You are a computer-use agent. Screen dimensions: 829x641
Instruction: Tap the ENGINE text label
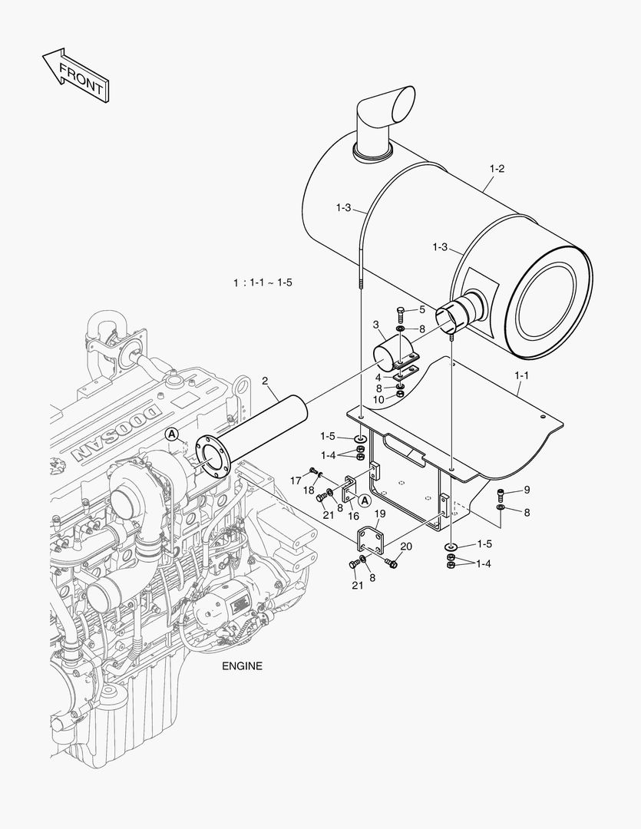pyautogui.click(x=242, y=666)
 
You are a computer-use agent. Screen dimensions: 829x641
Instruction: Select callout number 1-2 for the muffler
pyautogui.click(x=497, y=168)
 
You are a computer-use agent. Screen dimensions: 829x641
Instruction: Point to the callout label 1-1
pyautogui.click(x=521, y=376)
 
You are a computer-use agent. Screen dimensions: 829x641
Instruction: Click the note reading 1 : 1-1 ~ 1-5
pyautogui.click(x=263, y=282)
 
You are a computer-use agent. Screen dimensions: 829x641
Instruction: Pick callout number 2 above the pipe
pyautogui.click(x=264, y=381)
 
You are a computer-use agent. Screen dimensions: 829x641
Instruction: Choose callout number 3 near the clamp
pyautogui.click(x=376, y=325)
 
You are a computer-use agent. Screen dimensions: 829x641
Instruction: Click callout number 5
pyautogui.click(x=421, y=309)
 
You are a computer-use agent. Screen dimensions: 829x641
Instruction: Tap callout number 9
pyautogui.click(x=527, y=490)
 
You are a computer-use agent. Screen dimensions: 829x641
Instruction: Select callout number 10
pyautogui.click(x=378, y=400)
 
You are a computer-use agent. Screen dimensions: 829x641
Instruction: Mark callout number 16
pyautogui.click(x=354, y=517)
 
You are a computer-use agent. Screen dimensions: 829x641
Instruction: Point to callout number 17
pyautogui.click(x=295, y=481)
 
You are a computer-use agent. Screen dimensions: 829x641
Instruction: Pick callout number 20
pyautogui.click(x=406, y=547)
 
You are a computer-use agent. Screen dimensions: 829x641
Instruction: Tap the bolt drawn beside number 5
pyautogui.click(x=401, y=313)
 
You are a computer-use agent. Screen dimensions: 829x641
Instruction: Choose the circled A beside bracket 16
pyautogui.click(x=365, y=499)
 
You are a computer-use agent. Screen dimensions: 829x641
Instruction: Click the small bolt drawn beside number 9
pyautogui.click(x=502, y=493)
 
